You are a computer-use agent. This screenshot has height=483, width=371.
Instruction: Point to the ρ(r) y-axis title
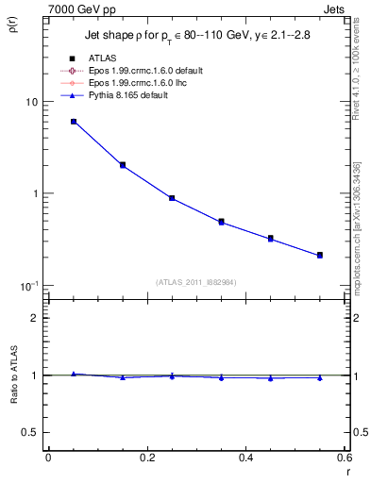(12, 24)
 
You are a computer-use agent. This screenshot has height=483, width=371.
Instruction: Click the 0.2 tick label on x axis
(146, 458)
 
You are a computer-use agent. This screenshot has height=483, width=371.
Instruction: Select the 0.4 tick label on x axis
(245, 458)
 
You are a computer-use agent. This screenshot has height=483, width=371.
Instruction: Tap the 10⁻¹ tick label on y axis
(28, 285)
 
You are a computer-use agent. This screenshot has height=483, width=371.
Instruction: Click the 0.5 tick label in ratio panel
(30, 432)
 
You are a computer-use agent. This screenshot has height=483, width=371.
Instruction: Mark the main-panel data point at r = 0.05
(74, 122)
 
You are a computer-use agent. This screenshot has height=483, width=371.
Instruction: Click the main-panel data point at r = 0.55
(320, 255)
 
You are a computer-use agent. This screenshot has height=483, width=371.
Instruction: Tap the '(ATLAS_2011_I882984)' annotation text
(196, 281)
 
